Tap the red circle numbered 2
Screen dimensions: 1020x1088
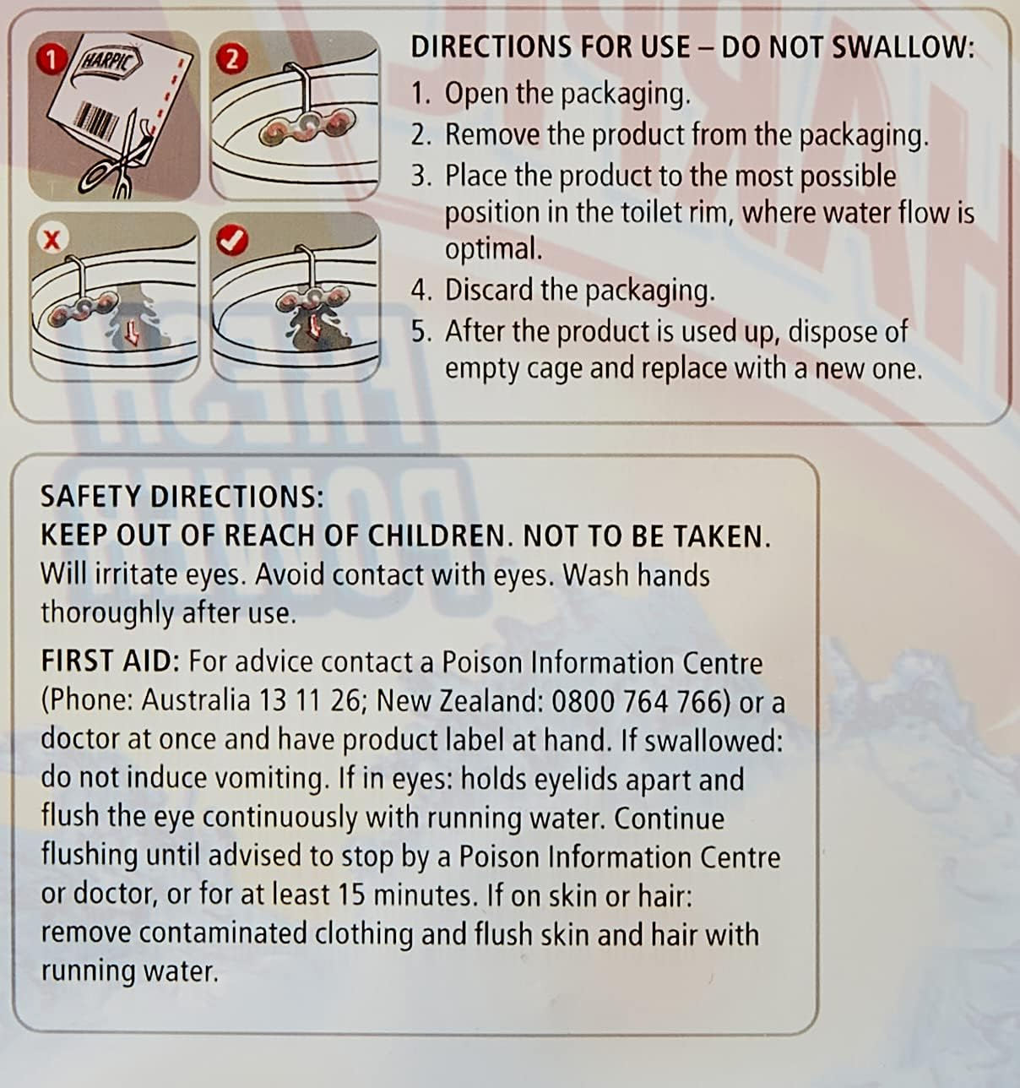coord(232,59)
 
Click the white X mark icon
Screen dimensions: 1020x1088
coord(52,240)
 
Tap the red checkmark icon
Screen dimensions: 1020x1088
coord(232,240)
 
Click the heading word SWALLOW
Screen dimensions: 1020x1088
coord(903,47)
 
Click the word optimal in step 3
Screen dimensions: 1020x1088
coord(493,250)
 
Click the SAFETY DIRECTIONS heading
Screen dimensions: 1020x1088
coord(182,497)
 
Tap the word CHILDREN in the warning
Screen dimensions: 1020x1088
coord(436,536)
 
